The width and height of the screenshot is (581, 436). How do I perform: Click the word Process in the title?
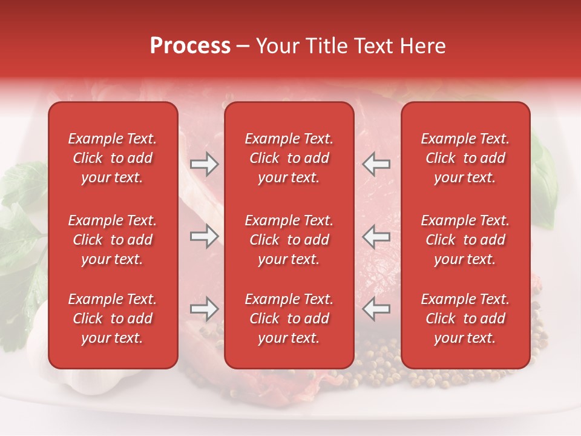[x=190, y=46]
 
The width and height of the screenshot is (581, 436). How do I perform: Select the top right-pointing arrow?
[x=205, y=164]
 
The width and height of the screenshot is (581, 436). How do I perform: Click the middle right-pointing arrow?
[x=205, y=236]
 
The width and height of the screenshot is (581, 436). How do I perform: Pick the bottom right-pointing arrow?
[x=205, y=309]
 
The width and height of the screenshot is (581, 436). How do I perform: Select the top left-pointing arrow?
[x=376, y=164]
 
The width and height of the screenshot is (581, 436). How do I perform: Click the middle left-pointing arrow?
[x=376, y=236]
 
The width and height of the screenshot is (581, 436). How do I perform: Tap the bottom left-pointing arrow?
[x=376, y=309]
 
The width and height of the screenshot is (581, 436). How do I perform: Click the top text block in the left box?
[x=113, y=158]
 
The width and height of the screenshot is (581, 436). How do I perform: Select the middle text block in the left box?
[x=113, y=240]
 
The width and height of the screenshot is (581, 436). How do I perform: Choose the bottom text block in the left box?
[x=113, y=319]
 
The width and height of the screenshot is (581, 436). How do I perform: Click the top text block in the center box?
[x=289, y=158]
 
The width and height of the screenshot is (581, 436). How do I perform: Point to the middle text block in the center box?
[x=289, y=240]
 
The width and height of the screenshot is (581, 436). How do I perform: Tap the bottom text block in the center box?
[x=289, y=319]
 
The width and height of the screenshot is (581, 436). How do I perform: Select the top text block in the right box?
[x=465, y=158]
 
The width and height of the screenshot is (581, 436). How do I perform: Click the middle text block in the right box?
[x=465, y=240]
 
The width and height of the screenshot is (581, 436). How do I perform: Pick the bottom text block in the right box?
[x=465, y=319]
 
